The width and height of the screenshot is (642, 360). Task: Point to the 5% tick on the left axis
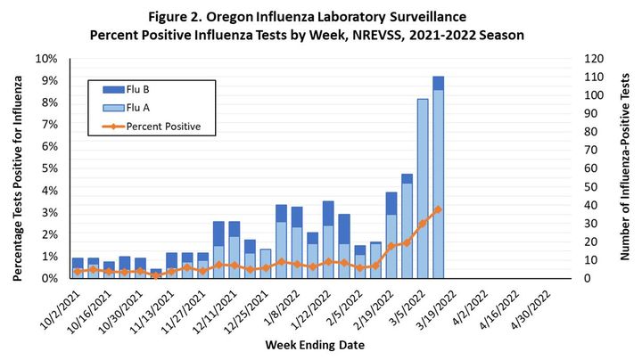pyautogui.click(x=47, y=168)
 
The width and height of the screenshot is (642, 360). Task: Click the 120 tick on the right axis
pyautogui.click(x=593, y=59)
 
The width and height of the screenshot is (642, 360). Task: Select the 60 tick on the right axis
pyautogui.click(x=589, y=168)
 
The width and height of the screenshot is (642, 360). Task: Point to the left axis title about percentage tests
pyautogui.click(x=17, y=168)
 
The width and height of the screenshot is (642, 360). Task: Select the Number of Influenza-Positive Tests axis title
pyautogui.click(x=625, y=168)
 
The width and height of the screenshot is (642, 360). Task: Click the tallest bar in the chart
pyautogui.click(x=438, y=177)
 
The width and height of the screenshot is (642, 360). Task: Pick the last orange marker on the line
pyautogui.click(x=438, y=209)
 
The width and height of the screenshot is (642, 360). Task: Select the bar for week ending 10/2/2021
pyautogui.click(x=78, y=268)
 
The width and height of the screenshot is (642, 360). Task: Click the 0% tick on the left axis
pyautogui.click(x=47, y=278)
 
